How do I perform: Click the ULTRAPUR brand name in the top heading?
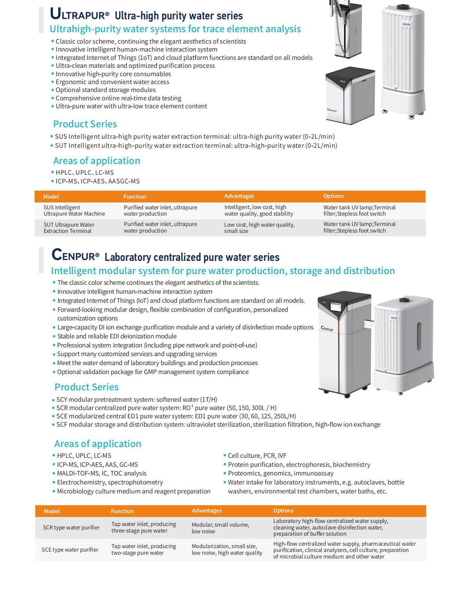click(80, 15)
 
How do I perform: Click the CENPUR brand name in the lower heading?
click(75, 256)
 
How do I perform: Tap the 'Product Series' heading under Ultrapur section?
click(85, 124)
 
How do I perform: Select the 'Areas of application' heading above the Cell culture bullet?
click(98, 444)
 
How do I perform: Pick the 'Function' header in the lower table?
click(122, 511)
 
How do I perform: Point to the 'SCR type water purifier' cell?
click(71, 527)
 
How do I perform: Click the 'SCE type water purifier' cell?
click(70, 550)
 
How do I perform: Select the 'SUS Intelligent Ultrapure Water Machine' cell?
click(74, 210)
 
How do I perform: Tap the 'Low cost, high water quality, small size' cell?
click(259, 228)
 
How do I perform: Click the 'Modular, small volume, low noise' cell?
click(220, 528)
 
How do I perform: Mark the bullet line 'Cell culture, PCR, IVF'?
click(257, 455)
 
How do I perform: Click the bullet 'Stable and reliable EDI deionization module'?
click(117, 336)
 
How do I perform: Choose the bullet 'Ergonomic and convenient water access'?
click(112, 82)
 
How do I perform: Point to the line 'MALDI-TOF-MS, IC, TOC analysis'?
click(101, 473)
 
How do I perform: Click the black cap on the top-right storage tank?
click(403, 7)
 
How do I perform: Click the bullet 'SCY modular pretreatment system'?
click(137, 399)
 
